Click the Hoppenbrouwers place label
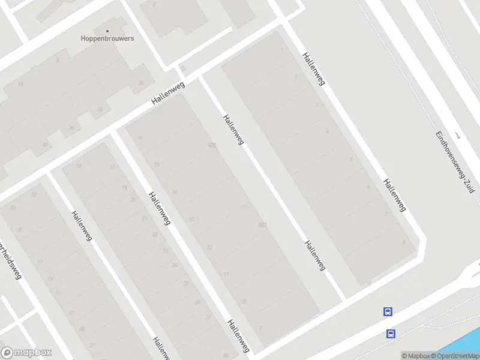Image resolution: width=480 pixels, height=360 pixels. [107, 38]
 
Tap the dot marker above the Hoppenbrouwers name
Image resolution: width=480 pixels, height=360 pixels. [108, 31]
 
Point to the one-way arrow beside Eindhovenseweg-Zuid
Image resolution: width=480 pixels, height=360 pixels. [457, 135]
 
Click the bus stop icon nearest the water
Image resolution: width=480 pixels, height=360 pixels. [391, 334]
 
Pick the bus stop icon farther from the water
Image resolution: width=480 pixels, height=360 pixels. [388, 311]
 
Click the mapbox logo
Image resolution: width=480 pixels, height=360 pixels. [26, 353]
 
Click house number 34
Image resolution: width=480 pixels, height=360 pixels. [141, 83]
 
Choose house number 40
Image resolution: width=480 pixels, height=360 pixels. [44, 145]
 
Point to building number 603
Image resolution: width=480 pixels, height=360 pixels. [212, 145]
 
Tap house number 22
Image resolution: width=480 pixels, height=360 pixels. [155, 234]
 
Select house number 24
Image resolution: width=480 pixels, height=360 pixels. [175, 265]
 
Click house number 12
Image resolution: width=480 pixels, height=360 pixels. [209, 247]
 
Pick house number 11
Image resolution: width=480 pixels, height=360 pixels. [226, 274]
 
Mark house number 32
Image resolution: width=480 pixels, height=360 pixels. [34, 194]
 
